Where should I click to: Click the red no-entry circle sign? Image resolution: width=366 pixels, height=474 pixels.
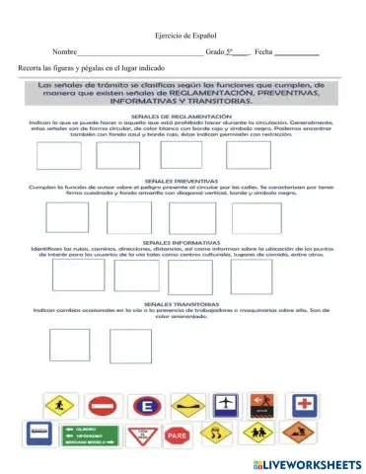pos(103,406)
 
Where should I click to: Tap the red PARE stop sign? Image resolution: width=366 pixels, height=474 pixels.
pos(178,434)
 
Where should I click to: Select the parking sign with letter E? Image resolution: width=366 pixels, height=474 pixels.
pos(148,406)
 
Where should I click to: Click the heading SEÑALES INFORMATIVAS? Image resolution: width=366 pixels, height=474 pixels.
pos(183,241)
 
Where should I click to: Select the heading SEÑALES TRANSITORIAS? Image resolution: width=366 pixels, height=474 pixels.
pos(183,303)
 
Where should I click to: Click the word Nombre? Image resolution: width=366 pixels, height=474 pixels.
pos(64,50)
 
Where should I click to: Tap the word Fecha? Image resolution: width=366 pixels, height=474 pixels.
pos(262,50)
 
